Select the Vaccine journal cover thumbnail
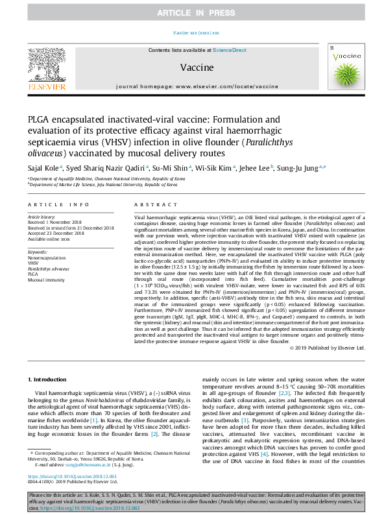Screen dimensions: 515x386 (344, 66)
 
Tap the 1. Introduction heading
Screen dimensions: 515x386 (49, 341)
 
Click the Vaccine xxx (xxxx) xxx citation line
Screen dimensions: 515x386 (197, 32)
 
